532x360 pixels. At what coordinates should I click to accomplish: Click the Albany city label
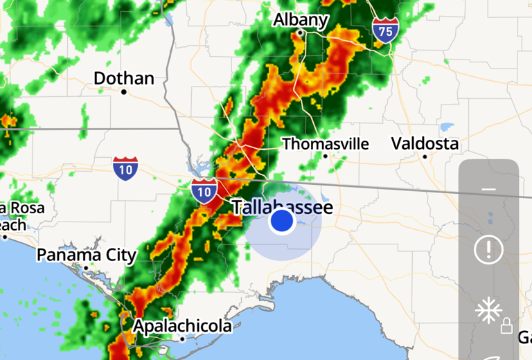(x=300, y=19)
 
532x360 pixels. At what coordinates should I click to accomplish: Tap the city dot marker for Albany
(x=300, y=33)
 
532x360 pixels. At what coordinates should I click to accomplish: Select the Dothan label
(x=124, y=78)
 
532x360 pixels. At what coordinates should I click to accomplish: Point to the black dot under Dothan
(x=124, y=91)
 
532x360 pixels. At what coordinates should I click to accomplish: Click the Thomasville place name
(x=326, y=144)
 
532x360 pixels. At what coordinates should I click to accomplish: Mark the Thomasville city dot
(x=325, y=156)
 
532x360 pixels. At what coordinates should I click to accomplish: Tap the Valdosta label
(x=425, y=143)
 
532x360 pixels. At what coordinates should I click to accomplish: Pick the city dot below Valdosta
(x=425, y=156)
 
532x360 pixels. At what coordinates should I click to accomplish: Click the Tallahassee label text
(x=282, y=207)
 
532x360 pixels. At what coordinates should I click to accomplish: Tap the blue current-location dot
(x=282, y=222)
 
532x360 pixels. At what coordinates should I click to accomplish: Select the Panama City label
(x=87, y=255)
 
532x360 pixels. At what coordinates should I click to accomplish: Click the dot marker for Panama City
(x=86, y=267)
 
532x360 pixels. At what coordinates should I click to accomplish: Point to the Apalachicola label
(x=182, y=325)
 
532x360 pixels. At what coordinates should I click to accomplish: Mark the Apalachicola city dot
(x=182, y=339)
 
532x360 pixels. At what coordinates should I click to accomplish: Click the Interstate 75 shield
(x=385, y=30)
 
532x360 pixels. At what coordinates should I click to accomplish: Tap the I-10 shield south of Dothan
(x=125, y=168)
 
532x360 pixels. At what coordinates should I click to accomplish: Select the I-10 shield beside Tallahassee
(x=204, y=190)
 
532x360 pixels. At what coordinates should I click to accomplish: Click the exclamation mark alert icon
(x=488, y=249)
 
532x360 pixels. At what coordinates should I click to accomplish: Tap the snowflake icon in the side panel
(x=488, y=312)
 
